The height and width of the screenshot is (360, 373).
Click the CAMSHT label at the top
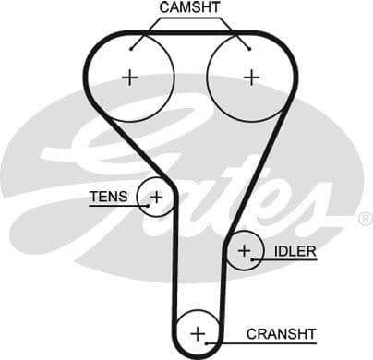188,8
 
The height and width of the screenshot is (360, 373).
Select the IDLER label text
293,250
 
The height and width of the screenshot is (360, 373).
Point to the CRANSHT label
281,333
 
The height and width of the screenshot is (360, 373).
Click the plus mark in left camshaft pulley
128,77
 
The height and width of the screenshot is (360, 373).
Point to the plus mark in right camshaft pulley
250,77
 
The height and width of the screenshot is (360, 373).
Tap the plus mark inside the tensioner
156,196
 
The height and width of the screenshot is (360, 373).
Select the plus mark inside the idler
245,250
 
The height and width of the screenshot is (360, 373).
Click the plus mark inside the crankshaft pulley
198,333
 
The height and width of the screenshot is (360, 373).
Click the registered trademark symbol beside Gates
365,219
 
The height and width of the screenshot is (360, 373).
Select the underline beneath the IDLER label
294,260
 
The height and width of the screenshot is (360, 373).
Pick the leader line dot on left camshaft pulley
131,47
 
